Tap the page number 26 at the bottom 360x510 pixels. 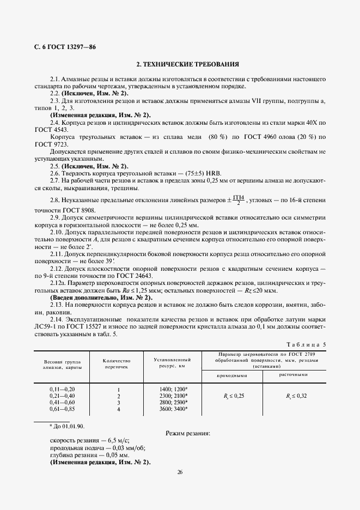click(x=180, y=471)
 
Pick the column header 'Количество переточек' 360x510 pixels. click(x=117, y=364)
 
